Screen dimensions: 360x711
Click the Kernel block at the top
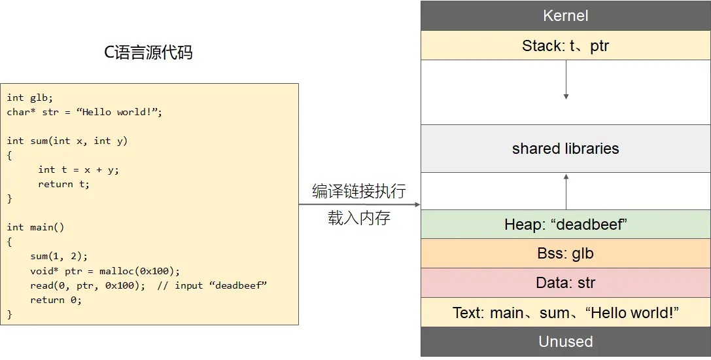coord(565,16)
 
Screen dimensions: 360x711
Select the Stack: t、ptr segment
coord(565,46)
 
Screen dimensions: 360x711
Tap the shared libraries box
coord(565,149)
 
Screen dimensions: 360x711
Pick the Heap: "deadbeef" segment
coord(565,225)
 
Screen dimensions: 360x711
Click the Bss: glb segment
coord(565,253)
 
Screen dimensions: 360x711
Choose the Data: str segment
coord(565,283)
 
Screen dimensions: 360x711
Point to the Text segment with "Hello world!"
coord(565,313)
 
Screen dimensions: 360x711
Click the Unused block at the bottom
coord(565,342)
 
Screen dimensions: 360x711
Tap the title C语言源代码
coord(148,52)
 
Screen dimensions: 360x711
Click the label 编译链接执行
coord(359,191)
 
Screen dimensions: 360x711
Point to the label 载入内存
coord(359,218)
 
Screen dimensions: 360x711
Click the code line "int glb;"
coord(30,98)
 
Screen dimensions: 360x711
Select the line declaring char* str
coord(84,112)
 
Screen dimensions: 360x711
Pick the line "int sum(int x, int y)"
coord(67,141)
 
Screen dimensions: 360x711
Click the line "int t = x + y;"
coord(78,170)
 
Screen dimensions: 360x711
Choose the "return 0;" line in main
coord(56,300)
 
